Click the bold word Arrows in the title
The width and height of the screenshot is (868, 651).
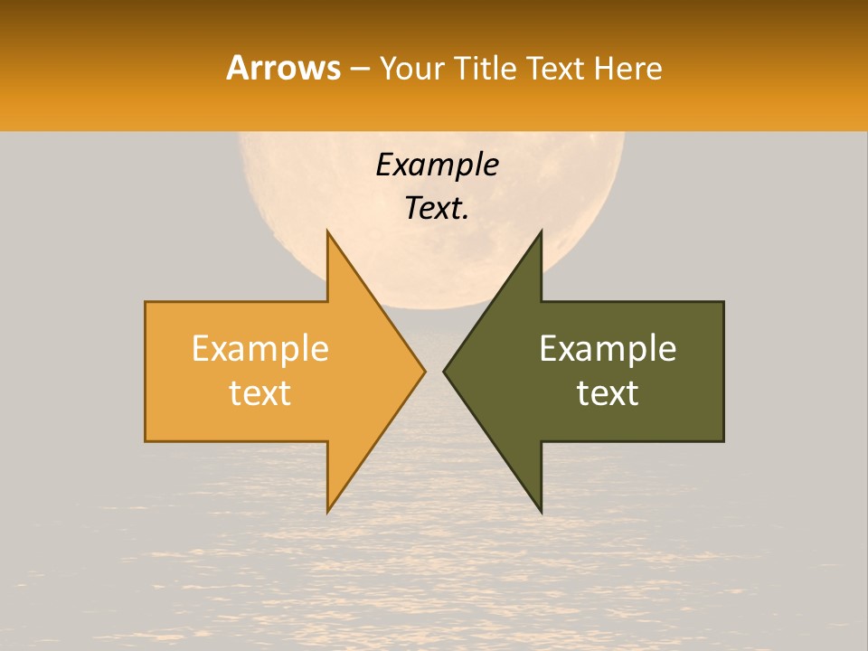click(283, 68)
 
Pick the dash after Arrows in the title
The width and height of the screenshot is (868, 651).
click(360, 69)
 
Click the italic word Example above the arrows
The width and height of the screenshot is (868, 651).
click(437, 165)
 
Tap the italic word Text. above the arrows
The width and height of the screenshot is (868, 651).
click(437, 208)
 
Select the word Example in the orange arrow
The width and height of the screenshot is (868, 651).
click(259, 349)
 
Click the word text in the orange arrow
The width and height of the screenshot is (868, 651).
click(259, 393)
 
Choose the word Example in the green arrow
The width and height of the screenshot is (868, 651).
click(608, 349)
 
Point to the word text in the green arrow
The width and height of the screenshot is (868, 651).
click(608, 393)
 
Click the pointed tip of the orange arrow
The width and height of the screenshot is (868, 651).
click(424, 372)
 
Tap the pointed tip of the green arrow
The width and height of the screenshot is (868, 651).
click(444, 372)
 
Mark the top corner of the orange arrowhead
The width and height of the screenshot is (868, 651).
click(327, 231)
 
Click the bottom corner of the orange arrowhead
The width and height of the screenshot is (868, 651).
click(327, 512)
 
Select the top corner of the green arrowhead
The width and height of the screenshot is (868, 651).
click(541, 231)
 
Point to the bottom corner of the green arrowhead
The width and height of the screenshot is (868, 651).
click(541, 512)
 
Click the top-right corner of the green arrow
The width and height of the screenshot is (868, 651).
click(723, 302)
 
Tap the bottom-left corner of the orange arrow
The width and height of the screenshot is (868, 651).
click(146, 441)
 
